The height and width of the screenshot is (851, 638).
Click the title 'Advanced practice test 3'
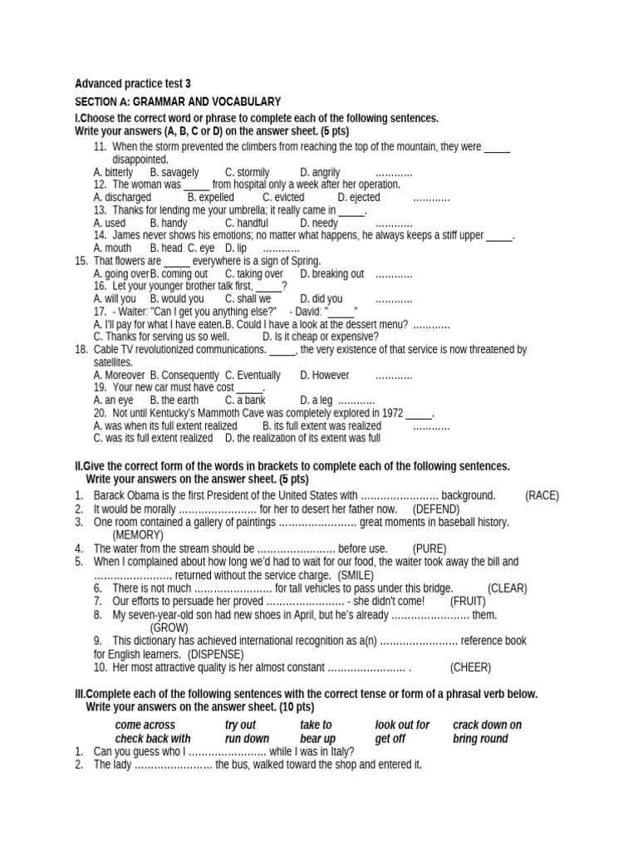point(133,83)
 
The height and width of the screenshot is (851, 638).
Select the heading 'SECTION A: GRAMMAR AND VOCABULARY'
point(178,101)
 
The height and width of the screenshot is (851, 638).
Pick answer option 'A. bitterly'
point(113,172)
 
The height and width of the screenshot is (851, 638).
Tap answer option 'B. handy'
point(169,223)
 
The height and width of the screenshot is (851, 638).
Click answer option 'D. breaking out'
point(331,273)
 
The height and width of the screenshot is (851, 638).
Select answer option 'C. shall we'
point(248,298)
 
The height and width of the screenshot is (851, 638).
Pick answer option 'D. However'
point(324,375)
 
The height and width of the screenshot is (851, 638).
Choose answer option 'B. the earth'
point(174,400)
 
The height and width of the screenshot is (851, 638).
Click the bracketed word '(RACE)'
point(542,495)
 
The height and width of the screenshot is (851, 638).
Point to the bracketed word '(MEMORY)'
point(138,534)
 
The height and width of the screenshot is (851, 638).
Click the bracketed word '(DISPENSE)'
point(215,654)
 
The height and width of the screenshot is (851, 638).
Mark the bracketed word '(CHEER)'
point(470,667)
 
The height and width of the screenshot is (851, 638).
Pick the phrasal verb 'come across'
point(145,725)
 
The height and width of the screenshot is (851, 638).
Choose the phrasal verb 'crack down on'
point(487,725)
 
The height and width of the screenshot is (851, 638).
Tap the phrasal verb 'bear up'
point(317,738)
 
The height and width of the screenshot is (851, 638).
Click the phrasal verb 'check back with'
point(153,738)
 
